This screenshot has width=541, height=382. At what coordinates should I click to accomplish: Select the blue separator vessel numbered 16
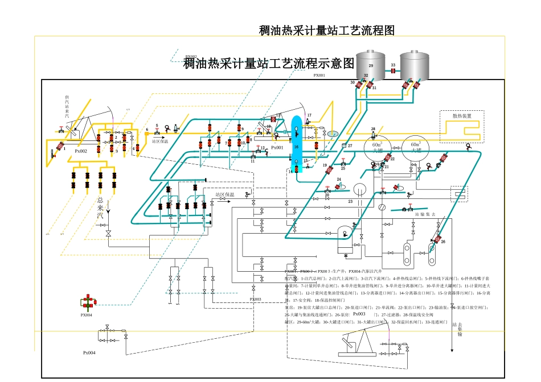pos(296,142)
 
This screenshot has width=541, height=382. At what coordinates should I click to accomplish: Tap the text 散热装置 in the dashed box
pos(461,116)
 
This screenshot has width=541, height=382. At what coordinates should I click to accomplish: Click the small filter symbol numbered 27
pos(344,146)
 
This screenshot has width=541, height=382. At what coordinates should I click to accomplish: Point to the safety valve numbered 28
pos(373,134)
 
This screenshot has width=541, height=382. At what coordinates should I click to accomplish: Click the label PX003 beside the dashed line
pos(255,299)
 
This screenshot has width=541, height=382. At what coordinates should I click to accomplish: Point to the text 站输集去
pos(425,215)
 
